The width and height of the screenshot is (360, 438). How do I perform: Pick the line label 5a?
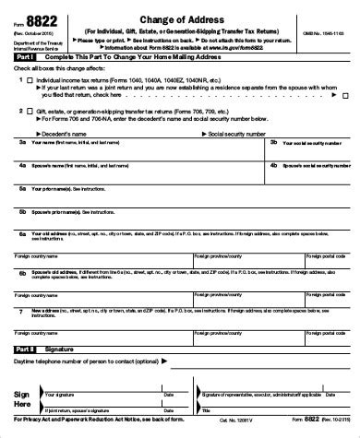pos(23,188)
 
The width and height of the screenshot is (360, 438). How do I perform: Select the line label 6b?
pos(23,273)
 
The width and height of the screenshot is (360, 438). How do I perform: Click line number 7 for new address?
pos(22,312)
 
